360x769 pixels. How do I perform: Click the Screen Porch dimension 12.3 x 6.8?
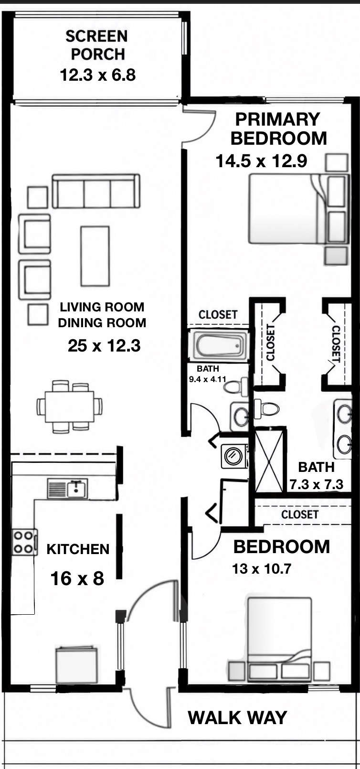tap(98, 75)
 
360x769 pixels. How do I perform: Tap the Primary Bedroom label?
tap(278, 129)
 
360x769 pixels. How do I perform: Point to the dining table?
tap(69, 406)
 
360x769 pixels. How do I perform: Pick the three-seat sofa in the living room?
tap(96, 191)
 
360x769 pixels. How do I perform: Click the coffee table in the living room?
tap(95, 256)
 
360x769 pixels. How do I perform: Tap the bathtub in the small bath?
tap(221, 345)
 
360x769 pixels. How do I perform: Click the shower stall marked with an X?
tap(270, 461)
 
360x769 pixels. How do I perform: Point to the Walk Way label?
tap(237, 717)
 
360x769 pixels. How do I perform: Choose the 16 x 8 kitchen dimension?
tap(77, 578)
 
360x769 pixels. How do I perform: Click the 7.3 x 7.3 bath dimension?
tap(317, 484)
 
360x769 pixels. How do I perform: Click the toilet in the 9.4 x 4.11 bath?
tap(236, 387)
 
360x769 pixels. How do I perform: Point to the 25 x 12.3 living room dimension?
tap(104, 346)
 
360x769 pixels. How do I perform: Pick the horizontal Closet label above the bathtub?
tap(218, 314)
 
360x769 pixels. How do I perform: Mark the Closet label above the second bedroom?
tap(299, 514)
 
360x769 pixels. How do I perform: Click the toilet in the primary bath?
tap(266, 408)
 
